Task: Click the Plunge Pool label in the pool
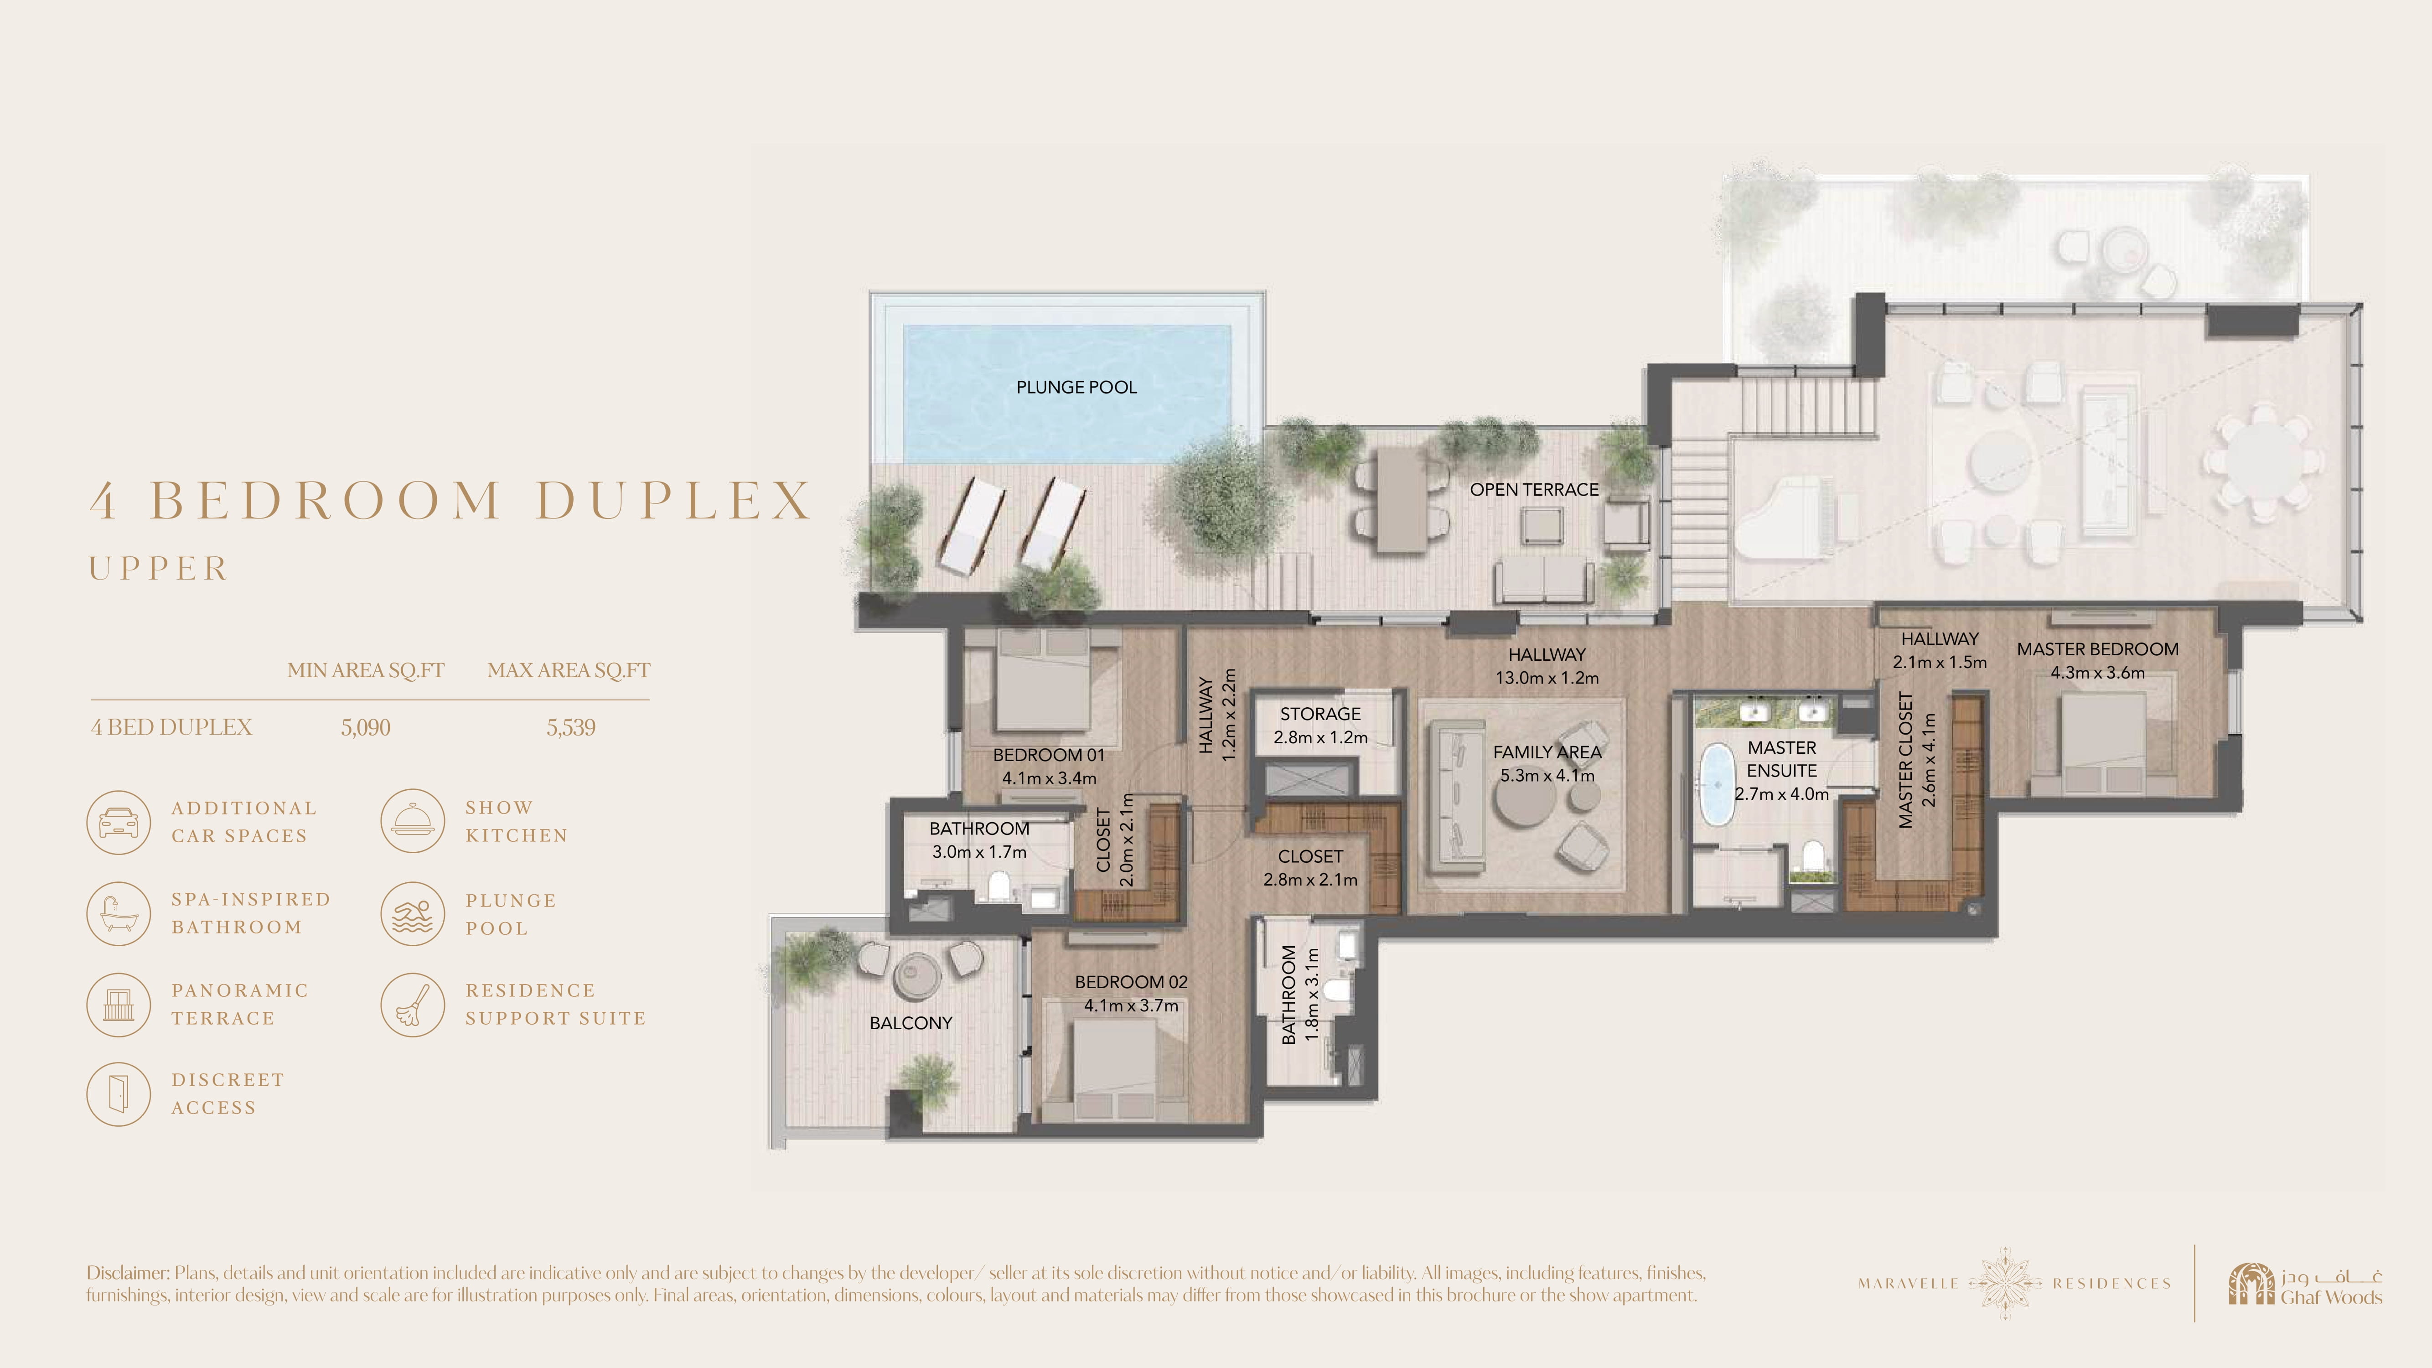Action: click(x=1076, y=387)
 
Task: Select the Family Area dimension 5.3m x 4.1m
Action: click(x=1547, y=775)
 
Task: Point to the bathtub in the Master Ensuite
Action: click(x=1716, y=783)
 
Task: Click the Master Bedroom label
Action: click(x=2098, y=649)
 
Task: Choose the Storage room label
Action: click(x=1320, y=714)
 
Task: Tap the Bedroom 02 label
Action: click(x=1131, y=982)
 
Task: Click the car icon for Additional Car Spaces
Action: click(x=118, y=822)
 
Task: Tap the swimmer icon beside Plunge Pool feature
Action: click(x=413, y=914)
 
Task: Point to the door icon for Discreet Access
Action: click(x=118, y=1094)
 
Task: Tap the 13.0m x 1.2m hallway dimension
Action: click(x=1547, y=678)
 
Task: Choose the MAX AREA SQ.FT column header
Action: click(x=569, y=670)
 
